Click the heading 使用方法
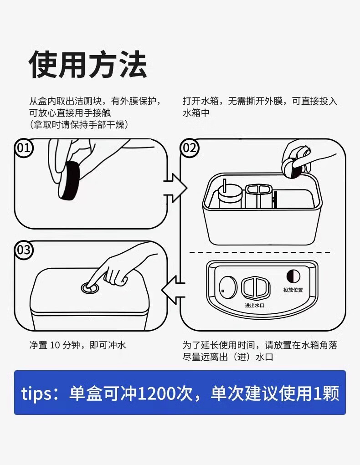pos(88,65)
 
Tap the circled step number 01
pos(24,148)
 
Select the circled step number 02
pos(190,148)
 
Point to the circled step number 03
pos(24,250)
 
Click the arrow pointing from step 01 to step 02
pos(175,188)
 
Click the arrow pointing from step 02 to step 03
pos(173,290)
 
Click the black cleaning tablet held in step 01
pos(69,181)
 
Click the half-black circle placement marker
pos(293,276)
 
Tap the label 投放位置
pos(293,290)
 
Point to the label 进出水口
pos(255,305)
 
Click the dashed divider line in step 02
pos(260,252)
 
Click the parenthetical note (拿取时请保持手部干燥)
pos(79,124)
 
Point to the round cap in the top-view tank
pos(228,287)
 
